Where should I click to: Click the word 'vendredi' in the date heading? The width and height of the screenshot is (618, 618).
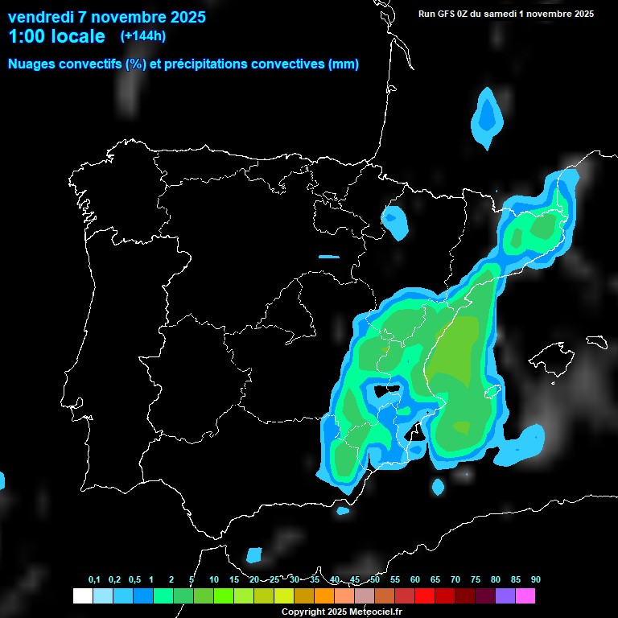pos(40,17)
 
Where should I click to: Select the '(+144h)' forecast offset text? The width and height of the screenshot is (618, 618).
pos(143,35)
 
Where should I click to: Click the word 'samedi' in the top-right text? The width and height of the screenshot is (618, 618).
pos(505,14)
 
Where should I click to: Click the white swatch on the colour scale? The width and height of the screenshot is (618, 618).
pos(83,596)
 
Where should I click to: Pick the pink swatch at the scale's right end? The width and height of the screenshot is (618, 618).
pos(525,596)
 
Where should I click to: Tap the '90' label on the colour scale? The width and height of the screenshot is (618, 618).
pos(535,580)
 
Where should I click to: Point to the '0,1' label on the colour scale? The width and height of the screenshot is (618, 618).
pos(94,580)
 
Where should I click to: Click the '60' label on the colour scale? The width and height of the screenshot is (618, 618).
pos(415,580)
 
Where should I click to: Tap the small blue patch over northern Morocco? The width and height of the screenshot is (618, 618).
pos(254,554)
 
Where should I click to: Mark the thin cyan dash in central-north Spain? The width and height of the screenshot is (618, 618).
pos(329,257)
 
